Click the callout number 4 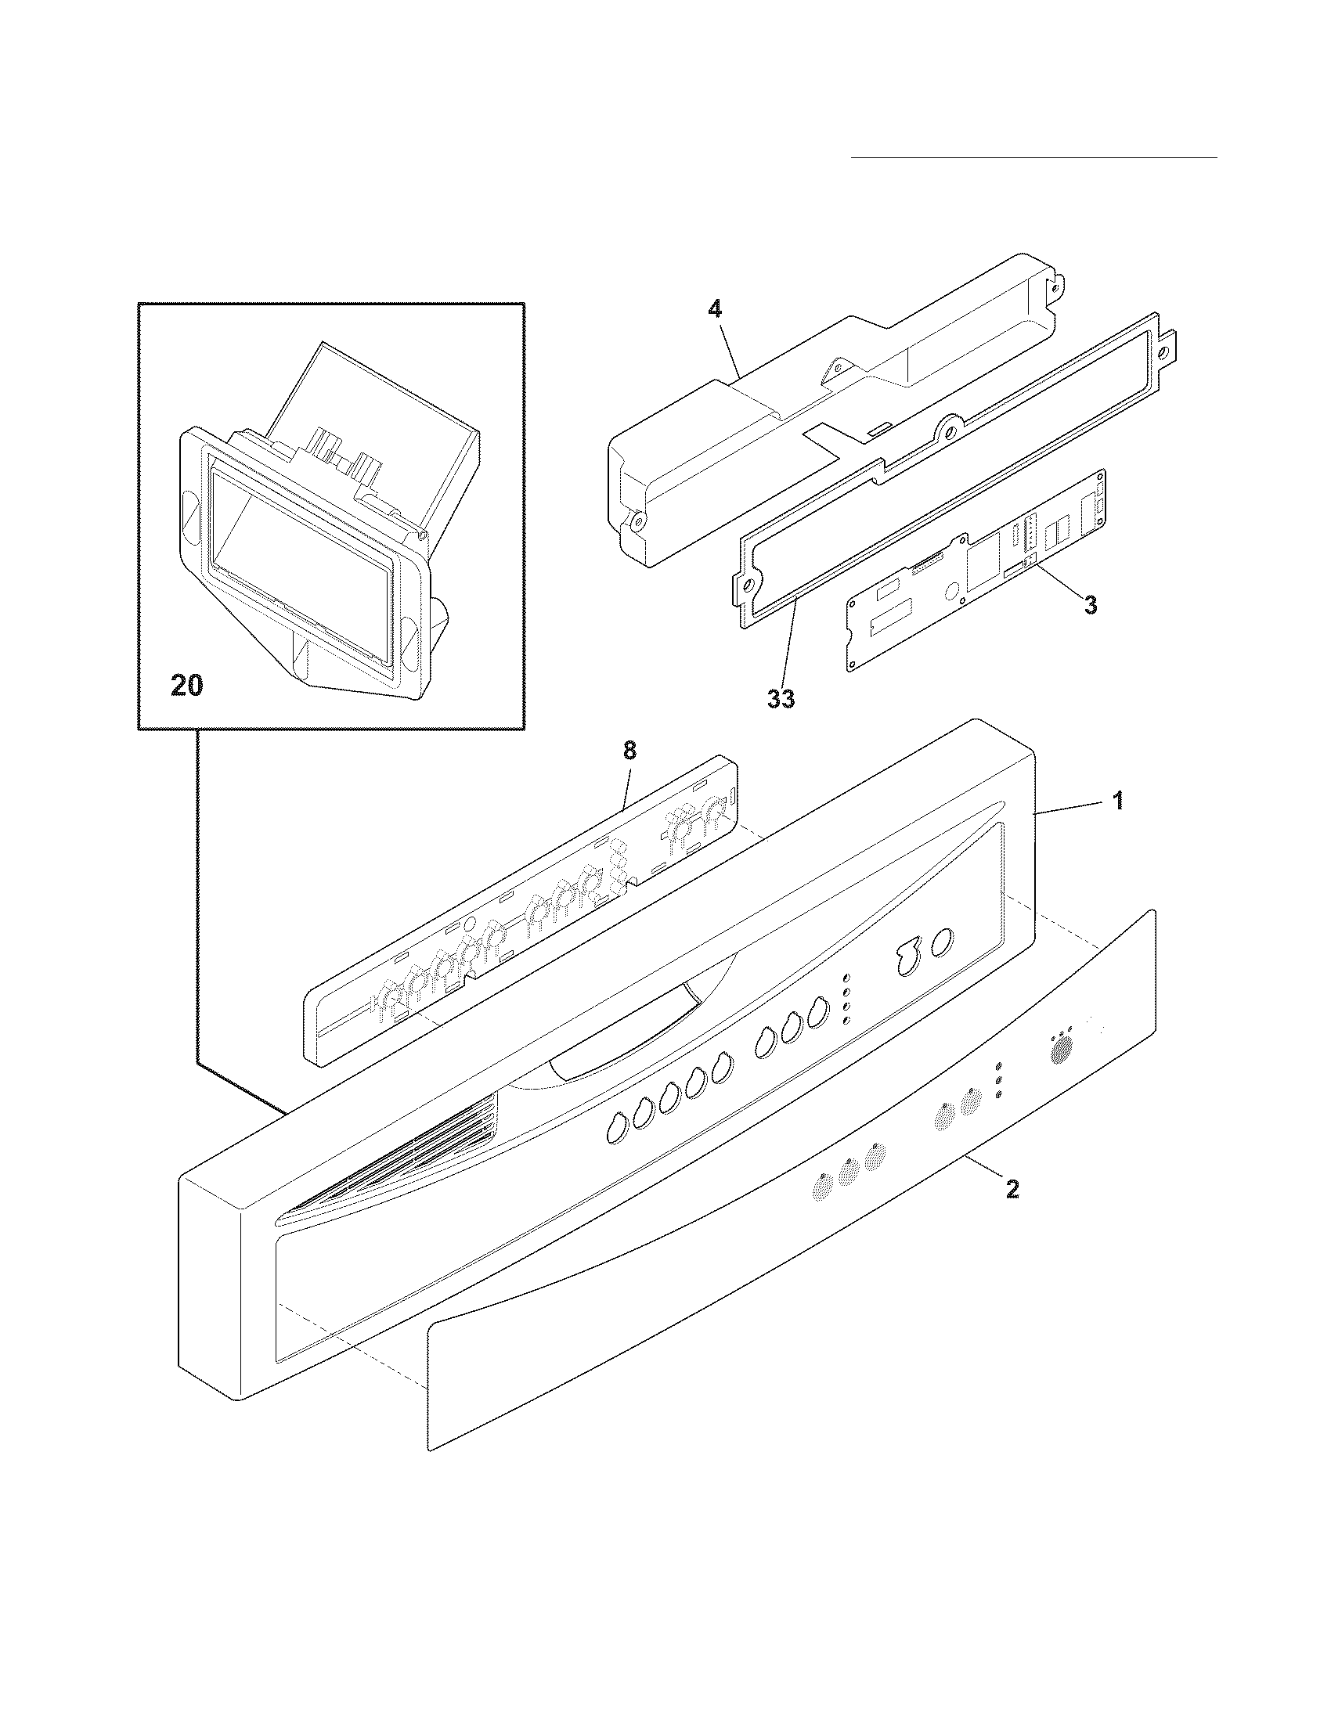click(713, 310)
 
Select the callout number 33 click(781, 698)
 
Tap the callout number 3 click(1090, 606)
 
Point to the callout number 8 click(629, 750)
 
